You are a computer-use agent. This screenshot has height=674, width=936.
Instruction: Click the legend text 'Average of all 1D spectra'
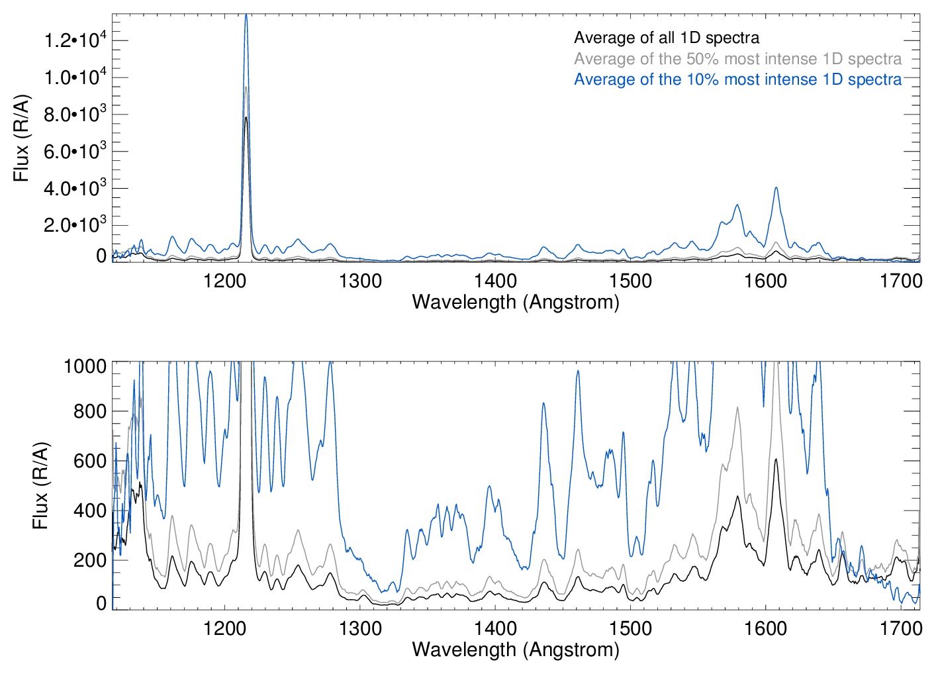(667, 38)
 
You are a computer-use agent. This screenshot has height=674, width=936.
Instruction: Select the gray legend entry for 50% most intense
(737, 59)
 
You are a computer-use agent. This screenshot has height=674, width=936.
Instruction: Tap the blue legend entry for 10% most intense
(737, 79)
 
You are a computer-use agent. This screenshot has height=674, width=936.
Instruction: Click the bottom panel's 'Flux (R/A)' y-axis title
(41, 486)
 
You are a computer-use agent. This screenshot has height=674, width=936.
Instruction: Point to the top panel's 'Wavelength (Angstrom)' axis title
(516, 302)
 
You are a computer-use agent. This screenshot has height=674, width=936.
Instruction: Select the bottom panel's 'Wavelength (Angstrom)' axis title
(516, 650)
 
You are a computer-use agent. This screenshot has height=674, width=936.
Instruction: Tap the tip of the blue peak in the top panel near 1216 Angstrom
(246, 15)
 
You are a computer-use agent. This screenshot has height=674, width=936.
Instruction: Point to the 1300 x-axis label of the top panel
(360, 281)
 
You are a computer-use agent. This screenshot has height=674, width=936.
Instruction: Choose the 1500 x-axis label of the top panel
(630, 281)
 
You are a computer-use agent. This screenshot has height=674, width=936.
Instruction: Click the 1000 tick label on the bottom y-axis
(85, 365)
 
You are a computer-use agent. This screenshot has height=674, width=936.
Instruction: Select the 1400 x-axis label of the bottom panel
(495, 628)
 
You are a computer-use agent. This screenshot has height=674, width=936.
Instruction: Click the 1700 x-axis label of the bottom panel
(900, 628)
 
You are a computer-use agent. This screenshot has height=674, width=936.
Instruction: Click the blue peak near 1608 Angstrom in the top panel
(776, 188)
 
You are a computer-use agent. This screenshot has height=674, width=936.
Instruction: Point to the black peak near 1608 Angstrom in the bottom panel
(776, 459)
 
